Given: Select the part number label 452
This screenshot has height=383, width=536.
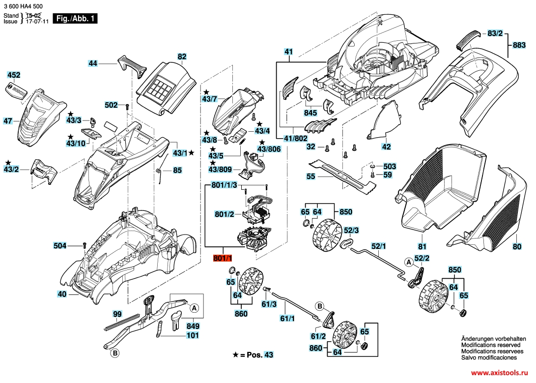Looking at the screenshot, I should tap(14, 75).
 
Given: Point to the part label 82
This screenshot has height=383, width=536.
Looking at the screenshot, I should tap(182, 57).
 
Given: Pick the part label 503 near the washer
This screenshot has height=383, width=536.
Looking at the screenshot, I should tap(390, 167).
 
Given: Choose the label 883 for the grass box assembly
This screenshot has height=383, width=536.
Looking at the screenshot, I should tap(519, 45).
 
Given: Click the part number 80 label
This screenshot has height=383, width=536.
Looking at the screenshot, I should tap(517, 247).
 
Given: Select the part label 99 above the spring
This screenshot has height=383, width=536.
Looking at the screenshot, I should tap(117, 314).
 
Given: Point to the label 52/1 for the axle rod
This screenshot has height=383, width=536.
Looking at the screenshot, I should tap(379, 245).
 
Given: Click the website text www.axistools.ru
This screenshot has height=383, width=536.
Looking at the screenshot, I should tap(497, 374).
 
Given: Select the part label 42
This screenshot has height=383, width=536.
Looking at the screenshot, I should tap(387, 147).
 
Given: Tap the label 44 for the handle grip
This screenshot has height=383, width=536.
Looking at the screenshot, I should tap(93, 63).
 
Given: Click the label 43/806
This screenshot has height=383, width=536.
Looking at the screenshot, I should tap(269, 149).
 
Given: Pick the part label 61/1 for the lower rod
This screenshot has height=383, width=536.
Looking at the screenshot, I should tap(287, 319).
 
